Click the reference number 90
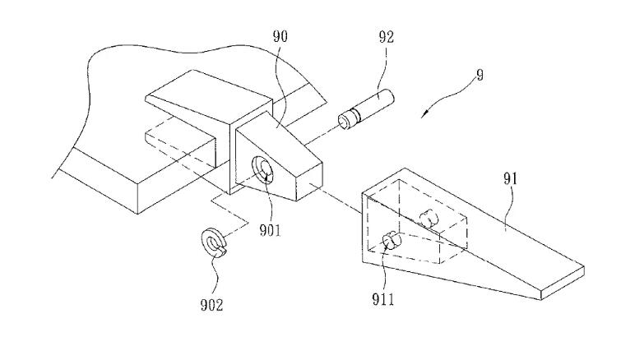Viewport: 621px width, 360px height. (280, 36)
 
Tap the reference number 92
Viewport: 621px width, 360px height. (387, 37)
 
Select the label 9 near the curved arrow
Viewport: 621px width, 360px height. (480, 75)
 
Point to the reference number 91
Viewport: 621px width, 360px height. (511, 179)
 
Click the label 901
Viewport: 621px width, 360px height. (270, 230)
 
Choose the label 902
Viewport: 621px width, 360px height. (211, 305)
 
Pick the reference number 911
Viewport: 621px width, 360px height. (383, 299)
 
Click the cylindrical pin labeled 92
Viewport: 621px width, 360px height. (366, 108)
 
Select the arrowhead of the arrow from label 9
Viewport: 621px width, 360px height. (424, 114)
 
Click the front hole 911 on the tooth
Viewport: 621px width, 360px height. (391, 240)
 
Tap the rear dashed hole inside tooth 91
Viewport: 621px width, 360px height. (429, 219)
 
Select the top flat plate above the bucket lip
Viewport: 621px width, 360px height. (209, 98)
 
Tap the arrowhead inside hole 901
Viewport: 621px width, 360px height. (266, 177)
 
